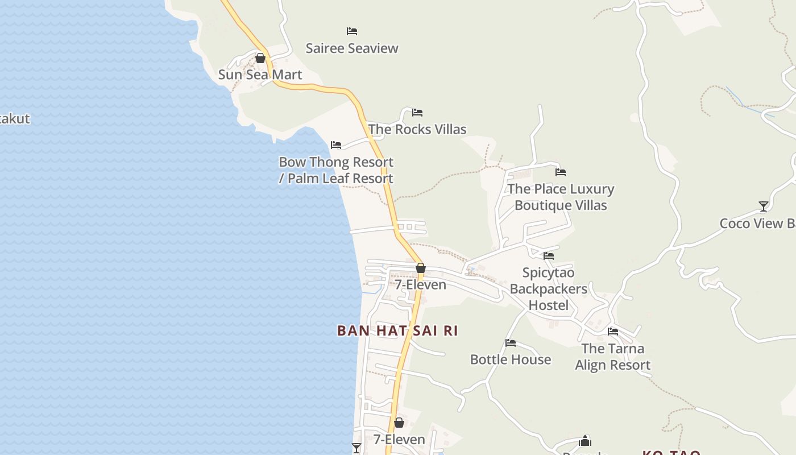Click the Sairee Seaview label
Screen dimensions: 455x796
pyautogui.click(x=352, y=48)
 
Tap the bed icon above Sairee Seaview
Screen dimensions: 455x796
pyautogui.click(x=352, y=31)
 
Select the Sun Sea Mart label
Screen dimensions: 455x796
pyautogui.click(x=260, y=75)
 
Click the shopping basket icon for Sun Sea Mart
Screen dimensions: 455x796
pyautogui.click(x=260, y=58)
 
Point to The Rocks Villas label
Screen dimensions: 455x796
pyautogui.click(x=417, y=129)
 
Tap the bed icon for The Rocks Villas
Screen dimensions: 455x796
pyautogui.click(x=417, y=112)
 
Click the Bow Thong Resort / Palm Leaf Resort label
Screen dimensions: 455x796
pyautogui.click(x=336, y=170)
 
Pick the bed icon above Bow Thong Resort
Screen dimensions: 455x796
pyautogui.click(x=336, y=145)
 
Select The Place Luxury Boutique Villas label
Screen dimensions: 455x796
pyautogui.click(x=561, y=197)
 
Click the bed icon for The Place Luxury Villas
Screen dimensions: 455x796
pyautogui.click(x=561, y=172)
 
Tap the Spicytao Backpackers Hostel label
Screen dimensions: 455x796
pyautogui.click(x=548, y=289)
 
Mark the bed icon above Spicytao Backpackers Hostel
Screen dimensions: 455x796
pyautogui.click(x=549, y=256)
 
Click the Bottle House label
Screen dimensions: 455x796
pyautogui.click(x=510, y=359)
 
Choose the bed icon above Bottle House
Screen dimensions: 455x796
pyautogui.click(x=511, y=343)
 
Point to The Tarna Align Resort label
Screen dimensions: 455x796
pyautogui.click(x=612, y=357)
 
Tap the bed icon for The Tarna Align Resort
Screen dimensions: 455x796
pyautogui.click(x=613, y=331)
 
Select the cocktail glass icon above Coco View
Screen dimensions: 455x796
pyautogui.click(x=764, y=206)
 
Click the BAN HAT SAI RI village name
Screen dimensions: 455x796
pyautogui.click(x=397, y=330)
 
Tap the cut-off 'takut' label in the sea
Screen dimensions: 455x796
pyautogui.click(x=15, y=119)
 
